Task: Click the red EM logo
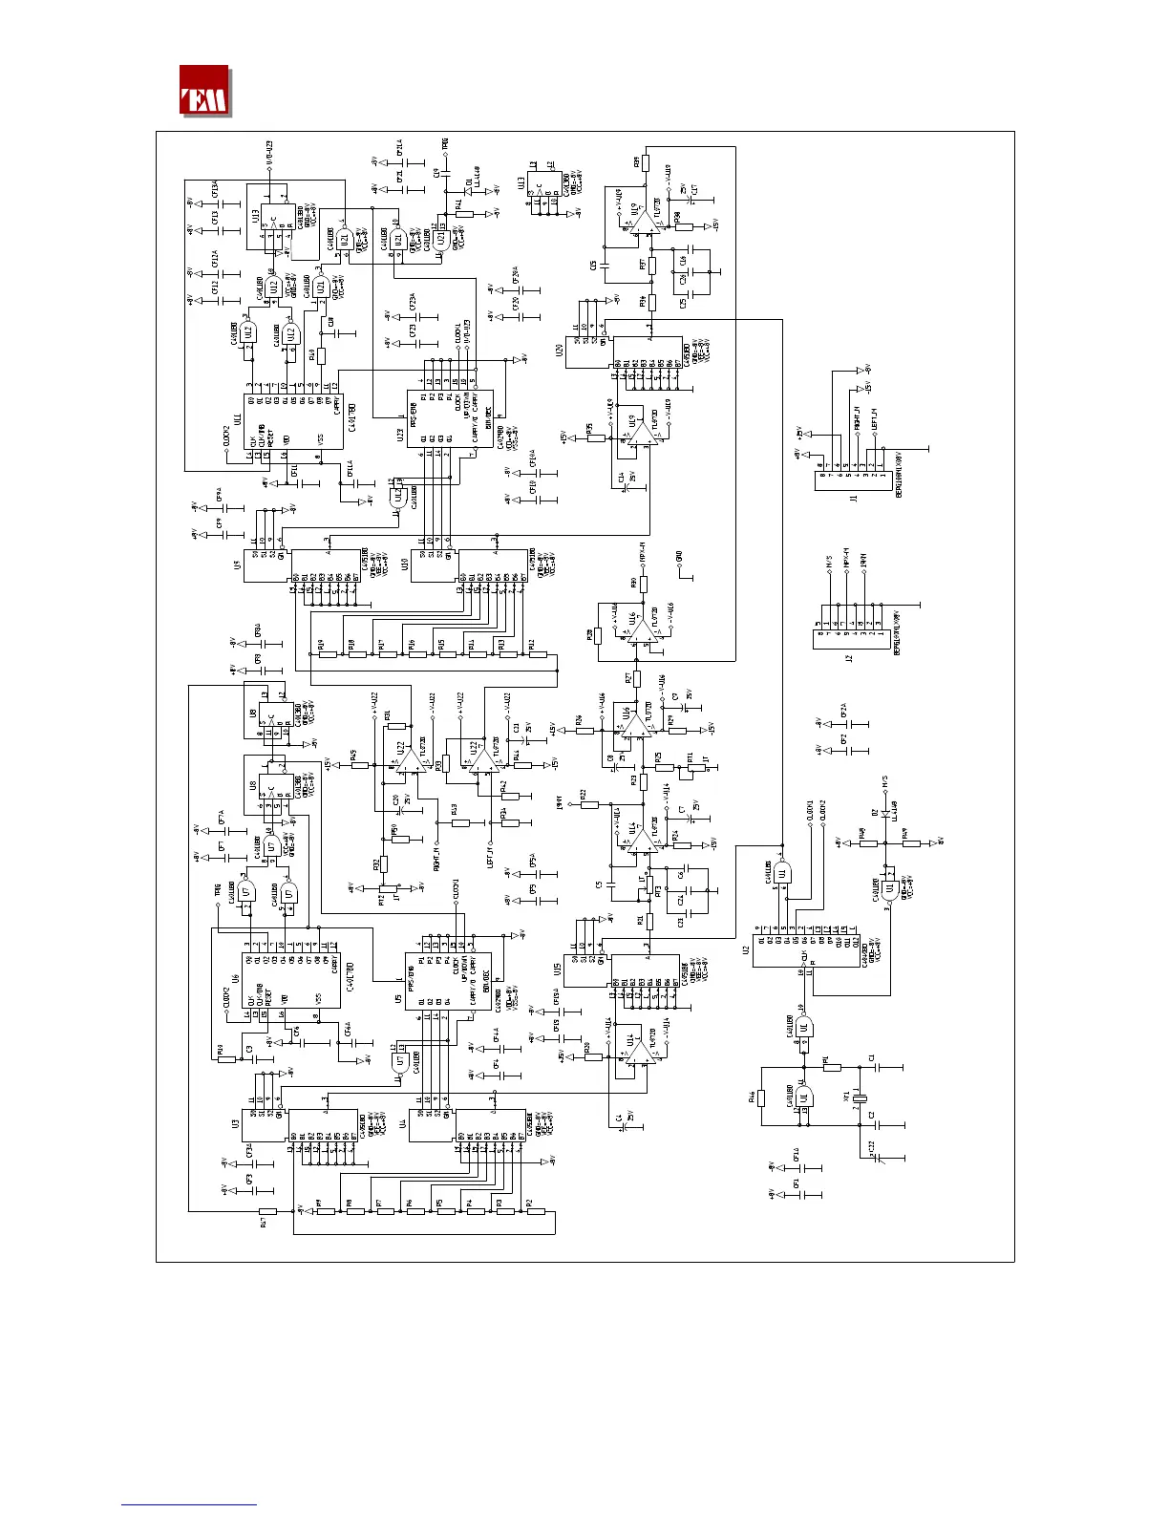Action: (204, 91)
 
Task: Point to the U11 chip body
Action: (291, 421)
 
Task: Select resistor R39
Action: (646, 162)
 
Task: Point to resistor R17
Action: (267, 1210)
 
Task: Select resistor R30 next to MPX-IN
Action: (644, 583)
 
